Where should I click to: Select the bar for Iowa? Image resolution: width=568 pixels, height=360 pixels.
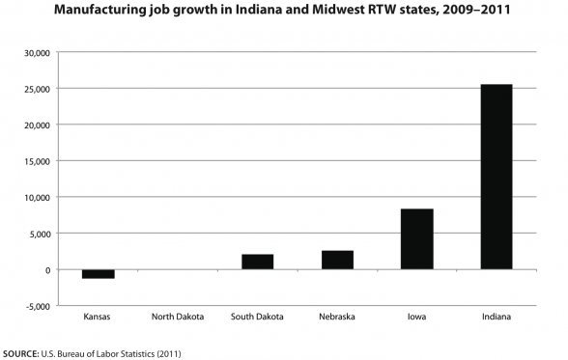coord(416,238)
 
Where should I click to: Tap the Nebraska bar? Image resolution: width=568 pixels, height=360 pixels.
coord(337,260)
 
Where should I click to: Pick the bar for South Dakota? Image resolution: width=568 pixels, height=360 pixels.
coord(257,262)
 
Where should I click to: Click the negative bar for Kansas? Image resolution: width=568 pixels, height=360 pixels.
coord(99,274)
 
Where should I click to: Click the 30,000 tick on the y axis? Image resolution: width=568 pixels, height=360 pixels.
coord(36,52)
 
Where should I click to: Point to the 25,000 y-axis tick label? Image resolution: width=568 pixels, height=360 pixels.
coord(36,89)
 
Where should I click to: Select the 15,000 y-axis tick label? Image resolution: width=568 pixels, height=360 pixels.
coord(36,161)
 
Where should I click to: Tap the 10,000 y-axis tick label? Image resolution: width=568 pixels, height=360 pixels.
coord(36,198)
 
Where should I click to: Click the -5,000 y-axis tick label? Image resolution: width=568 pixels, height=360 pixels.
coord(37,306)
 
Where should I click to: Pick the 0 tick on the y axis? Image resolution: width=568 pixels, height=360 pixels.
coord(46,270)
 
